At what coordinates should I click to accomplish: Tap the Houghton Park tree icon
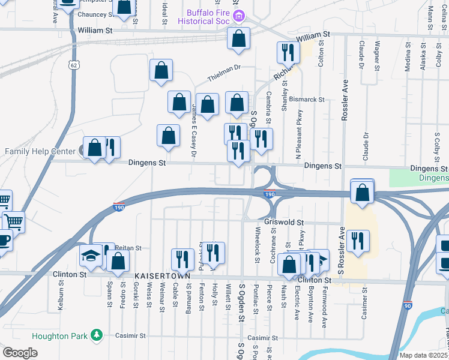coord(95,336)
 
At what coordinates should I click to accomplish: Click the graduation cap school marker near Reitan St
coord(91,256)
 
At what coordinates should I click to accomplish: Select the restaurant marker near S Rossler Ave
coord(358,241)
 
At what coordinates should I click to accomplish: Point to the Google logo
coord(20,353)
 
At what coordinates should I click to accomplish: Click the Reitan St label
coord(128,248)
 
